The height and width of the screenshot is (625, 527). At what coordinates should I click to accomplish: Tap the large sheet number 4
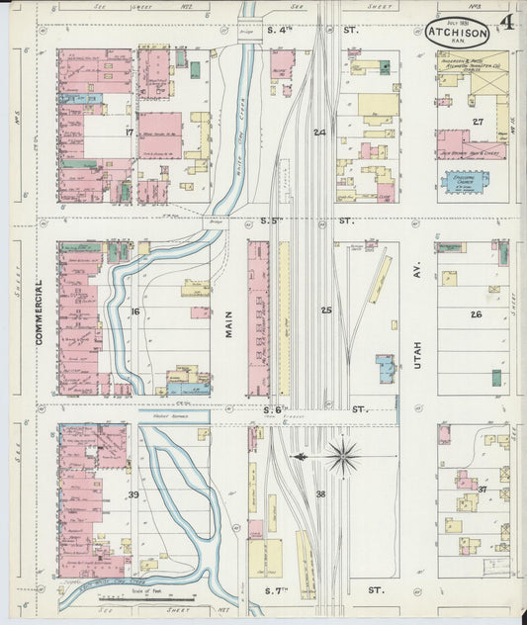tap(506, 23)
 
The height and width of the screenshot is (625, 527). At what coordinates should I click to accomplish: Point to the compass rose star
tap(343, 456)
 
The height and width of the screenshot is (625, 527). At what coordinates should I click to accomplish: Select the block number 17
tap(129, 132)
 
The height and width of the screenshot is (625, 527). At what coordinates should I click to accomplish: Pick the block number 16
tap(134, 312)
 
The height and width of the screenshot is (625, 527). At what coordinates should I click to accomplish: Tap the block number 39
tap(132, 493)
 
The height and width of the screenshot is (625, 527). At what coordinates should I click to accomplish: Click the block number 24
tap(319, 132)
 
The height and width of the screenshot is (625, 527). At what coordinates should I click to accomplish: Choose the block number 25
tap(325, 311)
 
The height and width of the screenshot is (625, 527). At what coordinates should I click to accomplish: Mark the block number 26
tap(476, 314)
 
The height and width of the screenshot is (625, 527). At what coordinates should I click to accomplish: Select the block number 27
tap(478, 123)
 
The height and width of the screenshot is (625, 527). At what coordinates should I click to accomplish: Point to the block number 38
tap(320, 493)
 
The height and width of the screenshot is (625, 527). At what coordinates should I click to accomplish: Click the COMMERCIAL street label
tap(41, 311)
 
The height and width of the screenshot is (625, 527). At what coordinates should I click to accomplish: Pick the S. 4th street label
tap(282, 30)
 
